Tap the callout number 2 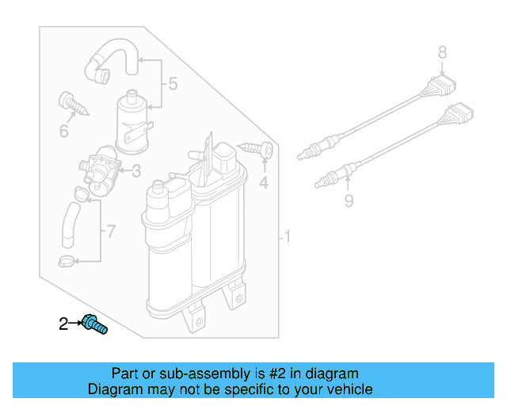(x=63, y=324)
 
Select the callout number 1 (x=288, y=237)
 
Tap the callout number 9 (x=348, y=201)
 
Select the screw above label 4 (x=259, y=148)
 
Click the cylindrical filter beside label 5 (x=134, y=121)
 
